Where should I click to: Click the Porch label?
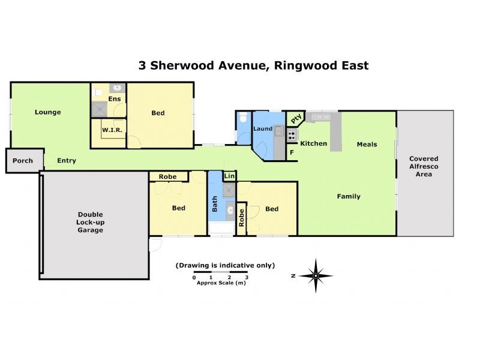[x=23, y=161]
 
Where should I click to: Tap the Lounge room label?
[x=47, y=112]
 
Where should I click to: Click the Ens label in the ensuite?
[x=115, y=99]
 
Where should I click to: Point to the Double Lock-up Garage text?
[x=90, y=222]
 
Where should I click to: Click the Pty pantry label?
[x=295, y=119]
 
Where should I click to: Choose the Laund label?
[x=263, y=128]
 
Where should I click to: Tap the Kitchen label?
[x=313, y=143]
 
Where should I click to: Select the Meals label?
[x=367, y=144]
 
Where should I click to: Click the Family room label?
[x=349, y=196]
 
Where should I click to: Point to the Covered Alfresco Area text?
[x=424, y=167]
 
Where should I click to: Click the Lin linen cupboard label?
[x=229, y=176]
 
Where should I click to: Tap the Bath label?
[x=215, y=204]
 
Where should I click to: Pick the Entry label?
[x=67, y=161]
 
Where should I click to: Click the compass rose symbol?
[x=316, y=275]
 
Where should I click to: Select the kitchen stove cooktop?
[x=292, y=135]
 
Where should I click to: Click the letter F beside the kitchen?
[x=292, y=152]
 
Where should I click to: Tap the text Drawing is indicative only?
[x=225, y=265]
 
